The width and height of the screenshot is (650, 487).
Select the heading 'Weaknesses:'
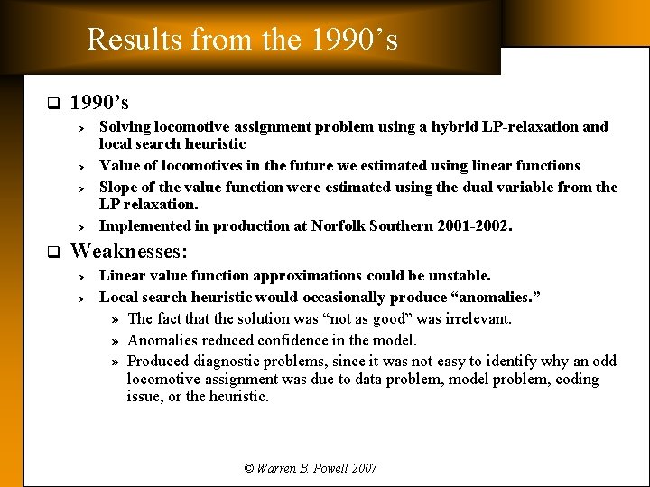(x=128, y=251)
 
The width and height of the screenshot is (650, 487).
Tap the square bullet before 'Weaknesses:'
(x=52, y=252)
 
